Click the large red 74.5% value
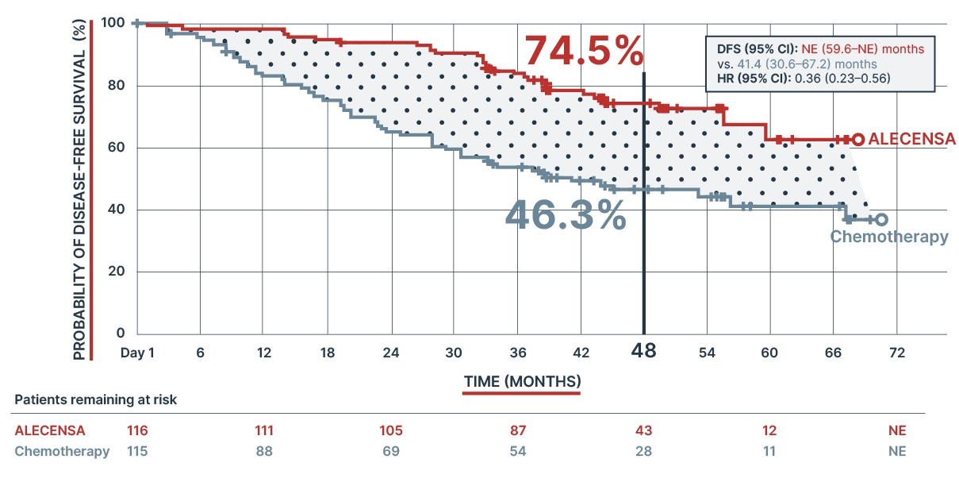584,52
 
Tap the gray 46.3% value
566,214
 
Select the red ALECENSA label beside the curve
911,138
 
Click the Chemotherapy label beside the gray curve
889,237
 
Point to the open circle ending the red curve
857,139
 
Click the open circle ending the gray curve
881,219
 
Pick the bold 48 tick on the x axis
643,350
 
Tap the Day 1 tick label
137,352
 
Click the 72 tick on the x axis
896,352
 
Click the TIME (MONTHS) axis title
522,381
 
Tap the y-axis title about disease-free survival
79,191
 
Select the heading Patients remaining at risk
95,399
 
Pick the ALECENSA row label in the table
50,430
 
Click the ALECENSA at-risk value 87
517,430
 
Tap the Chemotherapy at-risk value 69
390,451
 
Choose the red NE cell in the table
896,430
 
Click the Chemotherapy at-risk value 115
137,451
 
